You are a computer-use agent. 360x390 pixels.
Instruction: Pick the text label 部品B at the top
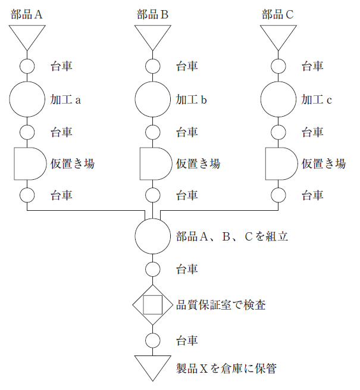click(x=152, y=14)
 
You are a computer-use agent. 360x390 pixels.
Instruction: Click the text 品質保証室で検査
click(x=221, y=305)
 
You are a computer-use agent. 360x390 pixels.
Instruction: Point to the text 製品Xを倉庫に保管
click(x=226, y=369)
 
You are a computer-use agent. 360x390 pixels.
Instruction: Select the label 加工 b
click(x=191, y=99)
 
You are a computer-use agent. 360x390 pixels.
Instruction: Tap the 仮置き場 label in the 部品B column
click(x=198, y=164)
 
